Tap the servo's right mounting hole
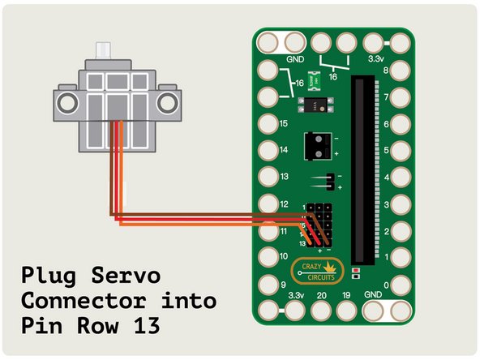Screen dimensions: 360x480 tap(167, 101)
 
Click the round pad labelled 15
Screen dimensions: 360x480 tap(269, 124)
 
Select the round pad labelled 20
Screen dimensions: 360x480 tap(322, 311)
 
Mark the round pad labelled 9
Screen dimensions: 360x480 tap(269, 285)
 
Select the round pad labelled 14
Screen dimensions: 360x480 tap(269, 151)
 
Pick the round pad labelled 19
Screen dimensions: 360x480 tap(348, 311)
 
